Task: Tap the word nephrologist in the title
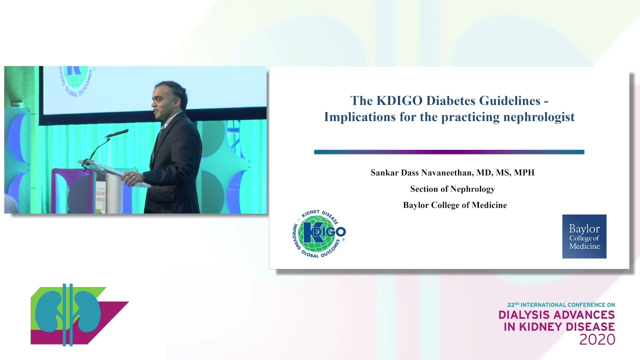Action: (539, 117)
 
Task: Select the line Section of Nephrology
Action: (452, 188)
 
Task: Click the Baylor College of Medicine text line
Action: (454, 205)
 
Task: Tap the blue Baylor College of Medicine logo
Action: (584, 236)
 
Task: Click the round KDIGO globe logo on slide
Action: (318, 232)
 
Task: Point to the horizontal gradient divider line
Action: (448, 152)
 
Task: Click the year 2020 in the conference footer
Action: (597, 340)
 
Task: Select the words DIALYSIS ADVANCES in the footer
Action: (556, 315)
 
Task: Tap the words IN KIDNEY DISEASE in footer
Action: (556, 327)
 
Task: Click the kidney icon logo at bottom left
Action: (70, 315)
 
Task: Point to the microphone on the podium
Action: (117, 133)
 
